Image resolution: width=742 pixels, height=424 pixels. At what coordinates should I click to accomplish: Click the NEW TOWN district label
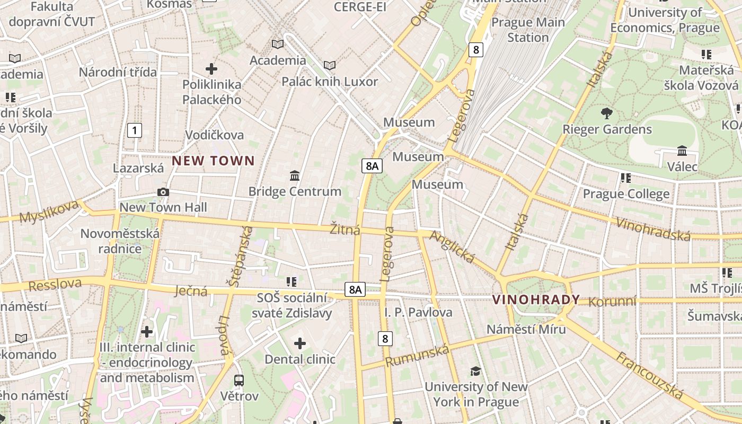[x=213, y=161]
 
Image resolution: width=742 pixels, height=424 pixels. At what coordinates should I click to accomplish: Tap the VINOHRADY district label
[x=536, y=299]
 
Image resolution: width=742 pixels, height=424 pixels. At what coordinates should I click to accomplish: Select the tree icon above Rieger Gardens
[x=607, y=113]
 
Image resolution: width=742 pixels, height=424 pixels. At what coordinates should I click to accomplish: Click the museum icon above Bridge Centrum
[x=295, y=175]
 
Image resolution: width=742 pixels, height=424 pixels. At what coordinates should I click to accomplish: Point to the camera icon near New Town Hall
[x=163, y=192]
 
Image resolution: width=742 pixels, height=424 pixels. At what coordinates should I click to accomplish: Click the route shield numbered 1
[x=135, y=130]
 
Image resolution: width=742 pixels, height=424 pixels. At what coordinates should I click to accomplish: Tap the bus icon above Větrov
[x=239, y=380]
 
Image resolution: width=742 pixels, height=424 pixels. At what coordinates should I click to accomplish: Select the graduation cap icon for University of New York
[x=475, y=371]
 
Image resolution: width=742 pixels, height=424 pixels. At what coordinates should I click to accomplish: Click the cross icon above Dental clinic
[x=300, y=343]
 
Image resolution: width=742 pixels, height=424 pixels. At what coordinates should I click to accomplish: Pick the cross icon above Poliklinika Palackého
[x=211, y=68]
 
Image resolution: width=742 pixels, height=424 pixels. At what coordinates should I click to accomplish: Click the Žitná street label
[x=344, y=229]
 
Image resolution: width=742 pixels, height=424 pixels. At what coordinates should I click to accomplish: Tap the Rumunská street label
[x=417, y=356]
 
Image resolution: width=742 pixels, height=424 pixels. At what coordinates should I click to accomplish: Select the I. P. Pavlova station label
[x=418, y=312]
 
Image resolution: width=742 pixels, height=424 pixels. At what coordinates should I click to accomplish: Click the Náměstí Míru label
[x=526, y=329]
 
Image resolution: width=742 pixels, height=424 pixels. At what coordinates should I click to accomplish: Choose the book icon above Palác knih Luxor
[x=330, y=66]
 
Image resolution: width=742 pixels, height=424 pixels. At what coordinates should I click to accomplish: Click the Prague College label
[x=626, y=194]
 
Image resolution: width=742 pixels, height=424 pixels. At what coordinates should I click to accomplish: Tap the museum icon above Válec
[x=682, y=151]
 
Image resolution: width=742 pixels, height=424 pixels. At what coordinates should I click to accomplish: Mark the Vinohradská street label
[x=653, y=228]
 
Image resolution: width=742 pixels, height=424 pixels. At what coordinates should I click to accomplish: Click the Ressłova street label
[x=55, y=285]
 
